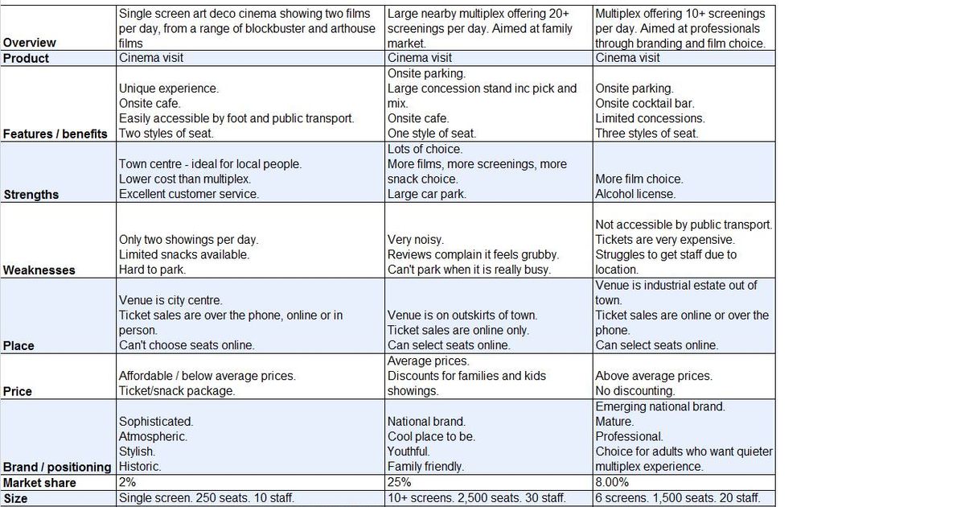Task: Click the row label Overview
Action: point(30,43)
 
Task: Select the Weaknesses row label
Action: point(39,270)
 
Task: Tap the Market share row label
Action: point(39,482)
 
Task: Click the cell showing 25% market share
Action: point(400,482)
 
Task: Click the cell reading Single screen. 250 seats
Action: point(207,498)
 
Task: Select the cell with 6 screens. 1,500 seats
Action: point(678,498)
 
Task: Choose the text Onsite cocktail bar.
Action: point(644,103)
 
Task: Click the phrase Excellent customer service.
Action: point(189,194)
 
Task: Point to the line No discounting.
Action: point(634,391)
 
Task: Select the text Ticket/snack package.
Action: point(177,391)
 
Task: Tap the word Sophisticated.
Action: point(156,421)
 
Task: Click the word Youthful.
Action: point(409,451)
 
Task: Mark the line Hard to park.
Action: point(150,270)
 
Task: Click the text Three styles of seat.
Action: point(647,134)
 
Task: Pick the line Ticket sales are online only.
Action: point(458,330)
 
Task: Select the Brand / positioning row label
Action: point(57,467)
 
